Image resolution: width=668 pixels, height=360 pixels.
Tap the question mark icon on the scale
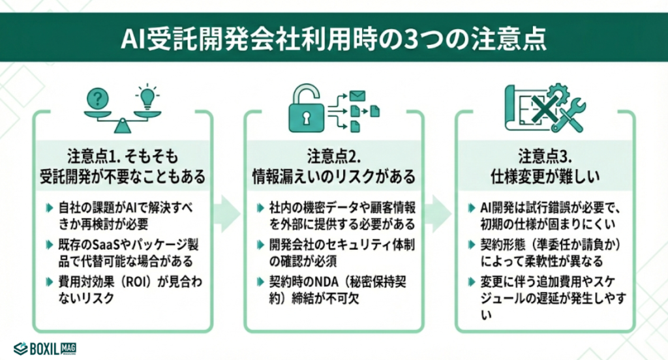pyautogui.click(x=98, y=100)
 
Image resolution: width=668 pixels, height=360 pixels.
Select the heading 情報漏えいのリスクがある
pyautogui.click(x=334, y=175)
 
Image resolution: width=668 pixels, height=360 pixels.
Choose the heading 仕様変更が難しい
pyautogui.click(x=545, y=175)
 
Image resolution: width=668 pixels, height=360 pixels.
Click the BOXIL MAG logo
pyautogui.click(x=44, y=348)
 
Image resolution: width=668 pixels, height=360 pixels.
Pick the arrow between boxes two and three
pyautogui.click(x=439, y=211)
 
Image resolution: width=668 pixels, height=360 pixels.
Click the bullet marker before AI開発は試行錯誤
pyautogui.click(x=472, y=209)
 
